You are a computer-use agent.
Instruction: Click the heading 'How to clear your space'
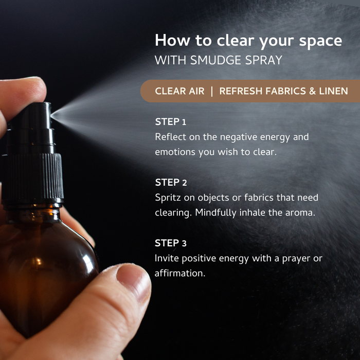[x=248, y=41]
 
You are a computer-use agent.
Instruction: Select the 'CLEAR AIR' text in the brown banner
[x=179, y=91]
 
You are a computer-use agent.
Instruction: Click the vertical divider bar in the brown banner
[x=212, y=91]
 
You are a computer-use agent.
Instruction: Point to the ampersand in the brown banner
[x=312, y=91]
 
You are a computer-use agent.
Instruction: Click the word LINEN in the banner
[x=333, y=91]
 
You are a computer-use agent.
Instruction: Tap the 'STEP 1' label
[x=170, y=122]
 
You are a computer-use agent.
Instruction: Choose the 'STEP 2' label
[x=171, y=183]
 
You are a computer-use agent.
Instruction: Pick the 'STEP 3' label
[x=171, y=243]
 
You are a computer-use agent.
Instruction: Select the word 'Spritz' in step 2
[x=168, y=198]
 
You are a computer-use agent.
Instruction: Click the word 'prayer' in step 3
[x=296, y=259]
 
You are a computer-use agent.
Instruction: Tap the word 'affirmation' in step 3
[x=180, y=274]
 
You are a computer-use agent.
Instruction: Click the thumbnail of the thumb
[x=133, y=281]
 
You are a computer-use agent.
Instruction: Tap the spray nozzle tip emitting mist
[x=51, y=114]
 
